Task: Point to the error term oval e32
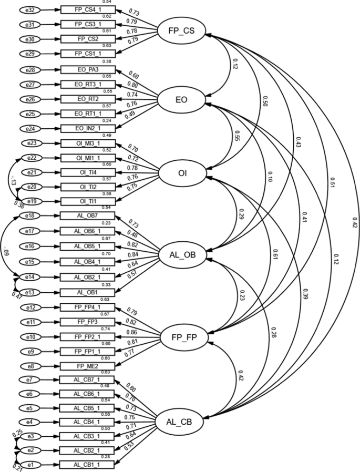tap(30, 10)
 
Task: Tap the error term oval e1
tap(30, 464)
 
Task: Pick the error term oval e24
tap(30, 129)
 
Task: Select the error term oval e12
tap(30, 307)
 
